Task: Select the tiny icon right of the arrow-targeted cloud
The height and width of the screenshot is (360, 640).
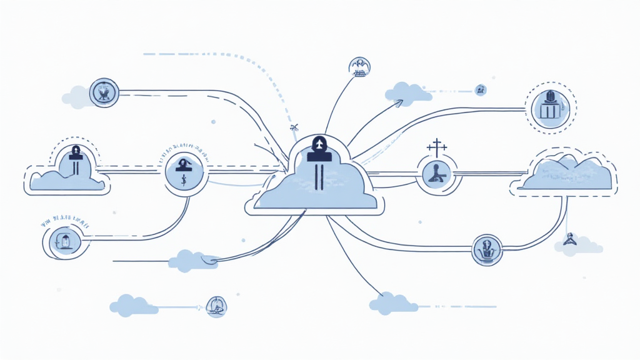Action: pyautogui.click(x=480, y=90)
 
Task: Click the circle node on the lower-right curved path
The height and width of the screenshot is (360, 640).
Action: pyautogui.click(x=487, y=249)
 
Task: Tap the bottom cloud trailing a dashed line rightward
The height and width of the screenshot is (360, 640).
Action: pyautogui.click(x=392, y=304)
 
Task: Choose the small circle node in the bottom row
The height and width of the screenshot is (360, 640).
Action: pyautogui.click(x=216, y=306)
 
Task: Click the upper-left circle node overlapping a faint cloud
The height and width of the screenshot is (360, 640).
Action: pyautogui.click(x=104, y=93)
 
